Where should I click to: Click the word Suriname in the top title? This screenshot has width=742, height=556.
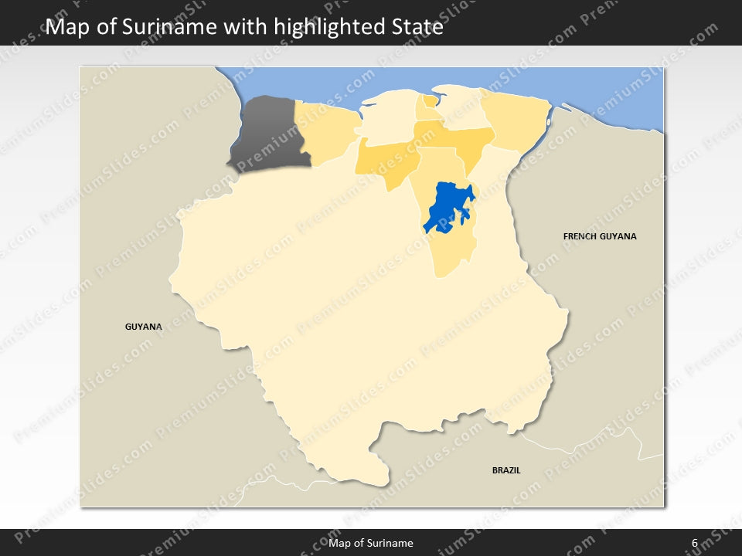[x=175, y=28]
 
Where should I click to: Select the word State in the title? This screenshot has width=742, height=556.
[x=416, y=28]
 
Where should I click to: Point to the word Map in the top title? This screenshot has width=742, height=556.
[x=67, y=28]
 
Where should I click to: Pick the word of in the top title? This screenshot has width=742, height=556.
[x=109, y=28]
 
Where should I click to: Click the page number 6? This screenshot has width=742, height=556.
[x=695, y=543]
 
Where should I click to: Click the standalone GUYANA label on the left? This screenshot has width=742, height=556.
[x=144, y=327]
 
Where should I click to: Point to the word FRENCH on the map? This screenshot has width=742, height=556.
[x=580, y=236]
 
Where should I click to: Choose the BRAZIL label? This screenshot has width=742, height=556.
[x=506, y=470]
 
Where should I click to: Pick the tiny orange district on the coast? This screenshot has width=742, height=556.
[x=430, y=100]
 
